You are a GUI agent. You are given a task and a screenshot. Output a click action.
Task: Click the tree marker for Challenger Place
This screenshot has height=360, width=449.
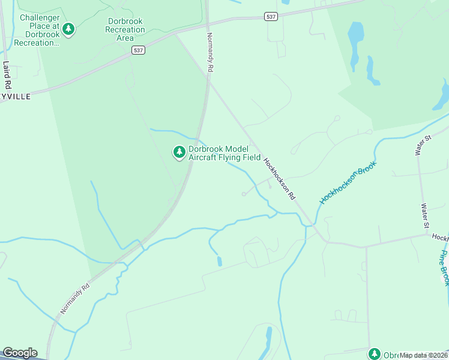point(68,29)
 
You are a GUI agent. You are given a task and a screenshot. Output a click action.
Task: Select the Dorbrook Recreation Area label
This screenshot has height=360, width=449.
point(125,29)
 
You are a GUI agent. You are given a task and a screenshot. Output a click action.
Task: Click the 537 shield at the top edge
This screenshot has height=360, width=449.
point(271,17)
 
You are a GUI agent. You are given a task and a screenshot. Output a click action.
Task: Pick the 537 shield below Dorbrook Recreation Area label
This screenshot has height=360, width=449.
point(139,51)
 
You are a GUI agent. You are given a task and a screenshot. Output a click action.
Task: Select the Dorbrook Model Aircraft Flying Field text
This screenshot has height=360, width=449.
point(224,154)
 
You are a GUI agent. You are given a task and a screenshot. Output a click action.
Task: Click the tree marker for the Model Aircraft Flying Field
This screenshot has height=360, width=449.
point(179,152)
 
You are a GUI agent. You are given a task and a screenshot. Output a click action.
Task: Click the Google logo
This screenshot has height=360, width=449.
point(20,353)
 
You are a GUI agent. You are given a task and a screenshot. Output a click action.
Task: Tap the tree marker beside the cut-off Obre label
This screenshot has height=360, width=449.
point(375,354)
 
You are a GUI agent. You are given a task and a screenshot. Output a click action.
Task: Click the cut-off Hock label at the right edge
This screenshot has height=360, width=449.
point(441,238)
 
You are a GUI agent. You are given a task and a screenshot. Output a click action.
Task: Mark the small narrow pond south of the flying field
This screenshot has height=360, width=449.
point(219,261)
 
